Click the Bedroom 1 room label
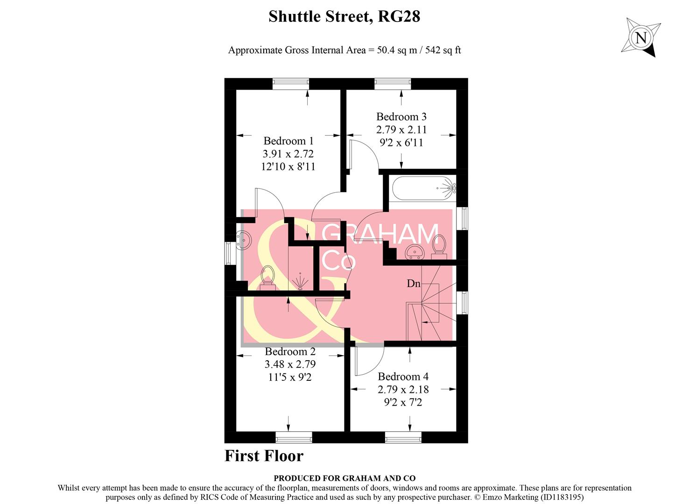click(x=288, y=140)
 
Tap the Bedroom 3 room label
click(x=401, y=117)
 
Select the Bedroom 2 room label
click(x=290, y=351)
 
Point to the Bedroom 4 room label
click(x=403, y=376)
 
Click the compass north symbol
click(x=641, y=37)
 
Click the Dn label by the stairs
click(x=414, y=283)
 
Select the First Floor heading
click(x=264, y=455)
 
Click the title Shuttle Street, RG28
click(x=344, y=17)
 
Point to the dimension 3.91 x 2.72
click(x=288, y=154)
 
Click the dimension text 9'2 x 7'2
click(x=403, y=402)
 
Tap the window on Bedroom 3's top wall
click(x=392, y=84)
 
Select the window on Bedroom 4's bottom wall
click(x=403, y=437)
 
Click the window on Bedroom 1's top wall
click(x=290, y=84)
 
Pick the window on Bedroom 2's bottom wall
click(x=294, y=437)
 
